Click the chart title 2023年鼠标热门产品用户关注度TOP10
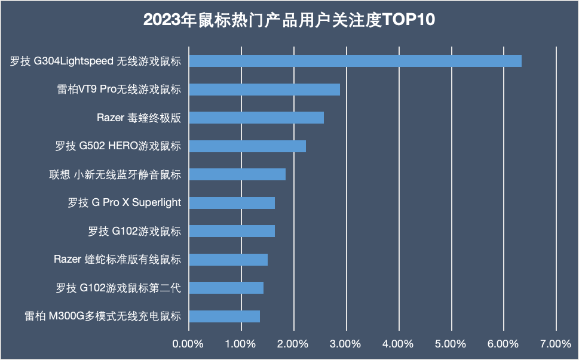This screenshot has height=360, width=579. [x=289, y=20]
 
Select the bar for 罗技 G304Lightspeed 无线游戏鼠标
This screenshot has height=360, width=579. [x=355, y=61]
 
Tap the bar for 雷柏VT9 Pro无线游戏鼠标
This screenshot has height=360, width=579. [x=264, y=90]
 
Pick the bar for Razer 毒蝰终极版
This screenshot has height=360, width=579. [x=256, y=118]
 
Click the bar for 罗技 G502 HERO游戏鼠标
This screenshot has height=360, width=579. [x=247, y=146]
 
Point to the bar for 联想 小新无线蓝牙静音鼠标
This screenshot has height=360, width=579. [x=237, y=174]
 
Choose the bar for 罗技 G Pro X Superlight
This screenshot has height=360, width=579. [x=232, y=203]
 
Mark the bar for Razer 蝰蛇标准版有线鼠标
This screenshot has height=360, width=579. [x=228, y=260]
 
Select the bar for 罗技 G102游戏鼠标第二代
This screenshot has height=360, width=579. [x=226, y=288]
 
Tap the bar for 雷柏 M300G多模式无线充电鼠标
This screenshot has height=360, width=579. [x=224, y=316]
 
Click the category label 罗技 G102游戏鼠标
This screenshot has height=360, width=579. [x=134, y=231]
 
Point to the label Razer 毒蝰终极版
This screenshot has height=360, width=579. [x=139, y=118]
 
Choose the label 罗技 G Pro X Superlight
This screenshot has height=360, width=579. [x=124, y=203]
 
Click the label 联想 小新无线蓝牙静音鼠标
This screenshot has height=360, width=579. [x=115, y=174]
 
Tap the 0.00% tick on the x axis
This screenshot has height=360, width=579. [x=188, y=344]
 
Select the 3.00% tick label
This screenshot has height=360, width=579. [x=346, y=344]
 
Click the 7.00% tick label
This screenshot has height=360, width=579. [x=556, y=344]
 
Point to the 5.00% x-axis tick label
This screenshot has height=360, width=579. [x=451, y=344]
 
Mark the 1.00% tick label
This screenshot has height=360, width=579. [x=241, y=344]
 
